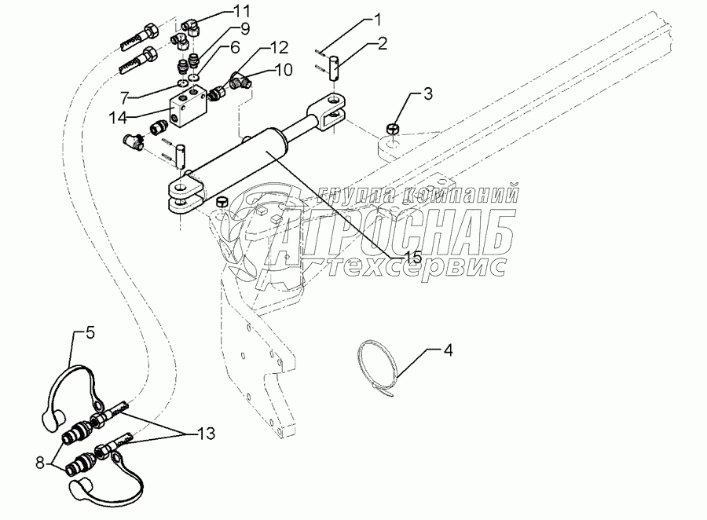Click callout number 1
tap(377, 18)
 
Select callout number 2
tap(382, 43)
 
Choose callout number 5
tap(90, 333)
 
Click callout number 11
tap(241, 11)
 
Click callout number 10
tap(284, 69)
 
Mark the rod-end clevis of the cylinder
tap(331, 108)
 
